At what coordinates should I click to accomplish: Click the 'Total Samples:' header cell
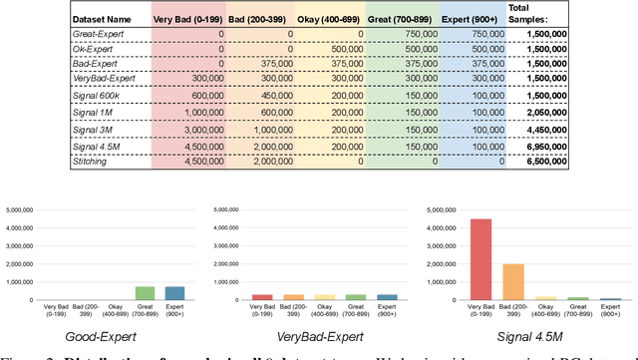[525, 12]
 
